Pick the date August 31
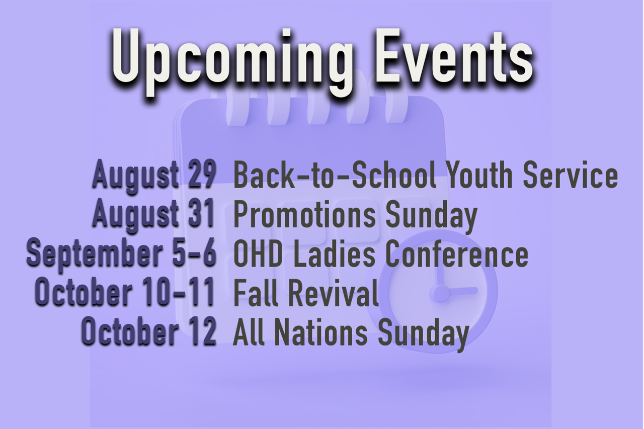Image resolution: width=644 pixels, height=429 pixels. [x=153, y=215]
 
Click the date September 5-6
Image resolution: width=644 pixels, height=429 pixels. [x=121, y=254]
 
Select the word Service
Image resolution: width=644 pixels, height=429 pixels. [x=571, y=174]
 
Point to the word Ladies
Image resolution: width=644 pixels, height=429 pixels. [x=334, y=253]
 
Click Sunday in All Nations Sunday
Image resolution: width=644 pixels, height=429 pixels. [x=424, y=334]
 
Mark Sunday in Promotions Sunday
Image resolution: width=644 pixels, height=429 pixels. [x=432, y=217]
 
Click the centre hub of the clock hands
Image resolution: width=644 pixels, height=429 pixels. [x=439, y=294]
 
